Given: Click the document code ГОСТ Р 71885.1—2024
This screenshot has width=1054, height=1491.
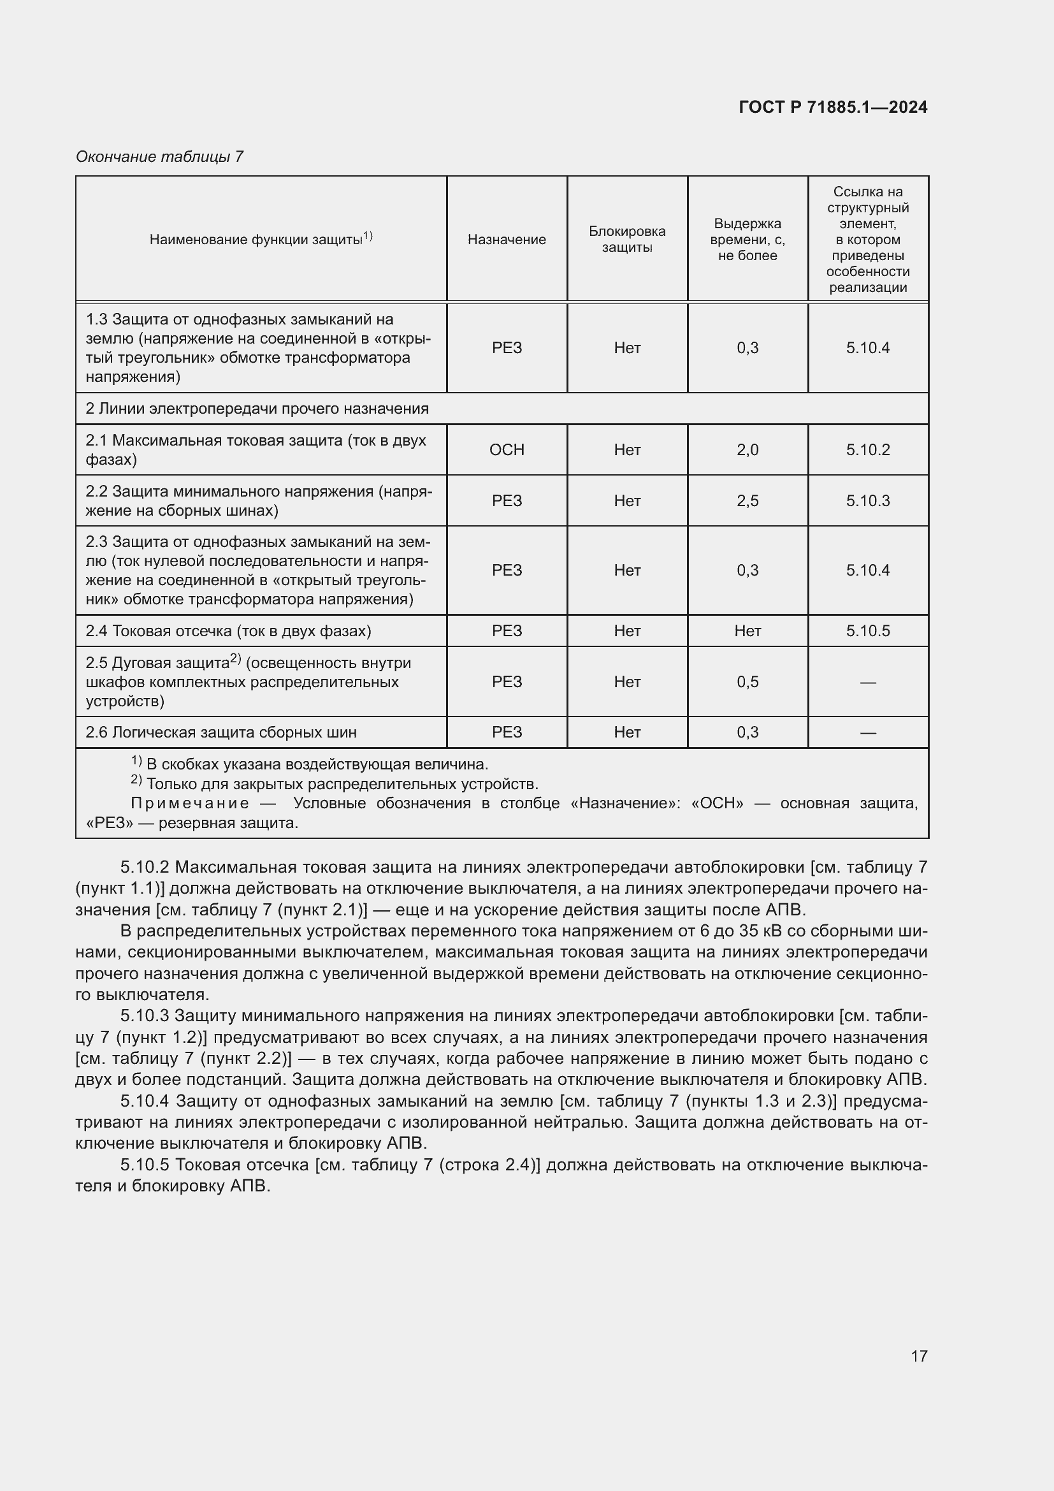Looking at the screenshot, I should (833, 107).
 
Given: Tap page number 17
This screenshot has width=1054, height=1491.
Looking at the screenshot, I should (919, 1356).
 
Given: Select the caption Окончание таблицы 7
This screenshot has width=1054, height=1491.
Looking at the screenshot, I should (159, 157).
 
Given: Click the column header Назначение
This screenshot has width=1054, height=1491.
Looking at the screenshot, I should (506, 240).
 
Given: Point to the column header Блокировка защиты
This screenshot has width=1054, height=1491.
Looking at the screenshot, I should (627, 240).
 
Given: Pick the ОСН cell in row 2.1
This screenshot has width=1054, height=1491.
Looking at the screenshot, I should (506, 450).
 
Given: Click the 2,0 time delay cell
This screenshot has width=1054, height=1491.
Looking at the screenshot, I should (747, 450).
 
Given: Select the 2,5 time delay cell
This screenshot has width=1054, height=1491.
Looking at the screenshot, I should (747, 500).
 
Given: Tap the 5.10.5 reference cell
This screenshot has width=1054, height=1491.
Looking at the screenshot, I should (868, 631).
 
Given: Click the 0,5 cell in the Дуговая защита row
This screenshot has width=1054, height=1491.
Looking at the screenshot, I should (747, 682).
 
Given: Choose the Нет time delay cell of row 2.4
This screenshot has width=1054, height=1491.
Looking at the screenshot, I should (747, 631).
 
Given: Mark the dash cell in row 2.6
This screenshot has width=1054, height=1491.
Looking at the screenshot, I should (868, 733).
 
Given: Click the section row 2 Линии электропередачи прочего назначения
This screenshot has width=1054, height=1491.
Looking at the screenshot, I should (257, 409).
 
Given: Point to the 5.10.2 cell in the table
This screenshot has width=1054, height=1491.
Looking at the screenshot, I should (868, 450).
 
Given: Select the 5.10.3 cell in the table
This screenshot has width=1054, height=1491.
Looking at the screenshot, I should (868, 500).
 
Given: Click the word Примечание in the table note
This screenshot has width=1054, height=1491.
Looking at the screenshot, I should (189, 804).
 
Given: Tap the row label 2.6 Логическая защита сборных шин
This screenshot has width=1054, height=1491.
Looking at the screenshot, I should (221, 733).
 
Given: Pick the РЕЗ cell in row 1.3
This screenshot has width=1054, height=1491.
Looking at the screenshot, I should (506, 348).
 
